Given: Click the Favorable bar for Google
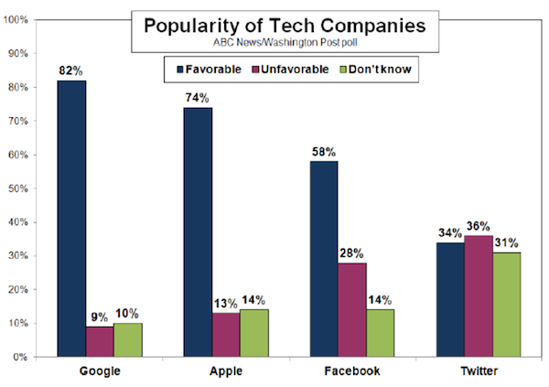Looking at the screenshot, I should pos(72,219).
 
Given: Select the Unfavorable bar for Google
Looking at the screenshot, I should pos(101,341).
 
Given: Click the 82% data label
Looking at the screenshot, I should pos(71,70).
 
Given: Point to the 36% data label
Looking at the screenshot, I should pos(478,225).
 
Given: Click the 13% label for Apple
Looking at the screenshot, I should pos(225,303).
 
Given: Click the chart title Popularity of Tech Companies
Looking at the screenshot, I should pos(285,26).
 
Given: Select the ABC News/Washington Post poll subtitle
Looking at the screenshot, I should pos(285,43).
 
